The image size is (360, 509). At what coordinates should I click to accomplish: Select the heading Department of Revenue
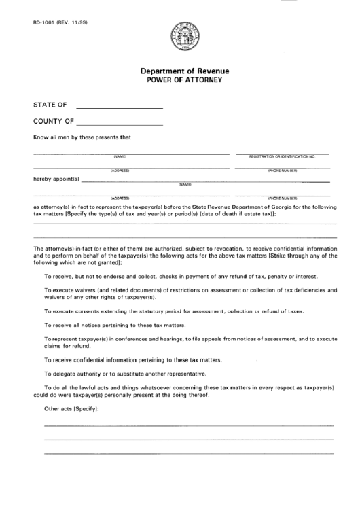click(184, 71)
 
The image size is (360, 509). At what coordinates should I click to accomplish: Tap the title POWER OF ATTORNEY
click(184, 79)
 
